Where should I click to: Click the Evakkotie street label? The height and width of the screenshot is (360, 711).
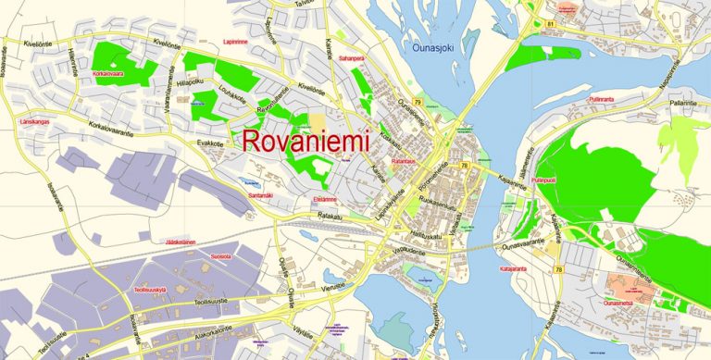tap(210, 143)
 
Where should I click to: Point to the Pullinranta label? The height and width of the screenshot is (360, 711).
tap(601, 97)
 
